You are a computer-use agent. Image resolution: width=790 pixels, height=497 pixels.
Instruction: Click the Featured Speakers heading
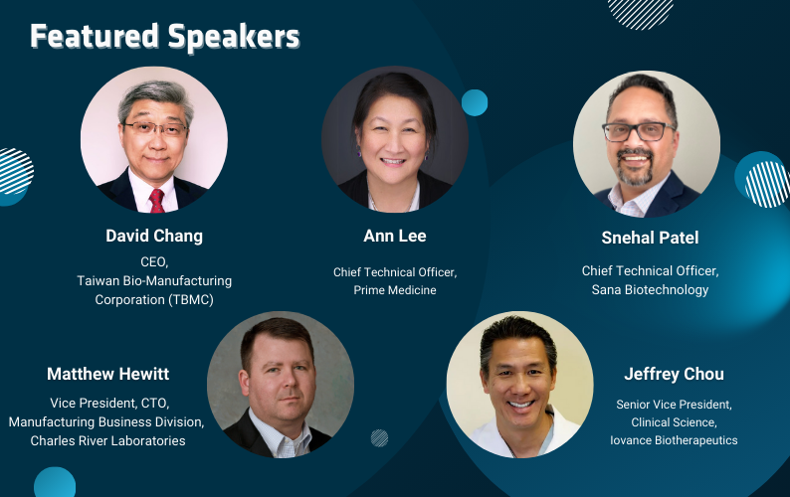tap(165, 37)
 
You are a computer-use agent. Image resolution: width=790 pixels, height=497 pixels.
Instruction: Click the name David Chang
tap(154, 236)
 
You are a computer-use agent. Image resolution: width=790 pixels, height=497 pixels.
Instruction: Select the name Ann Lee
tap(395, 236)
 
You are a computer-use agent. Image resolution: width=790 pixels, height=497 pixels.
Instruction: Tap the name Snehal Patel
tap(650, 238)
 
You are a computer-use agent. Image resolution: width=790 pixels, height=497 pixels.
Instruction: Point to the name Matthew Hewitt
tap(107, 374)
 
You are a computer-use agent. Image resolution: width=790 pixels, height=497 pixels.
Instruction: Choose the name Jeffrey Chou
tap(675, 374)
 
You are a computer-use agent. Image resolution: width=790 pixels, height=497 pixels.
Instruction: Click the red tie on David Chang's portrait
tap(156, 201)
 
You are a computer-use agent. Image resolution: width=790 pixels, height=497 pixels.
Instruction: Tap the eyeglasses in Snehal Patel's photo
tap(639, 132)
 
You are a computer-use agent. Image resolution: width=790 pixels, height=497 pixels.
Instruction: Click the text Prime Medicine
tap(395, 290)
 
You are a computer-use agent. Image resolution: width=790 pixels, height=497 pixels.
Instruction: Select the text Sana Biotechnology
tap(650, 289)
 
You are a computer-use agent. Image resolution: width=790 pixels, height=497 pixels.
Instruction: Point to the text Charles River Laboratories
tap(107, 440)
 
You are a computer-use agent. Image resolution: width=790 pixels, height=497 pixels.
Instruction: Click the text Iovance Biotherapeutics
tap(675, 440)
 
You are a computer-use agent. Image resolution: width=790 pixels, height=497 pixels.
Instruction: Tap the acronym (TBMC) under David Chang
tap(191, 299)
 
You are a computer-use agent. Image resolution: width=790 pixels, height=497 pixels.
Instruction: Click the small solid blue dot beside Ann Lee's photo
tap(475, 102)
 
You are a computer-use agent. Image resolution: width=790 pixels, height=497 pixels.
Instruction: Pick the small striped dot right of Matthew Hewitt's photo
tap(379, 438)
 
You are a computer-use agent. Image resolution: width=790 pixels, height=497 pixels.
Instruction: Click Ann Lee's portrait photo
tap(395, 139)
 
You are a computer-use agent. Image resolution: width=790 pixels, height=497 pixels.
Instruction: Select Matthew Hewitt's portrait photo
tap(281, 385)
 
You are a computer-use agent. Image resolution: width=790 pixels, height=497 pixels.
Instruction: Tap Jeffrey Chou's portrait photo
tap(520, 385)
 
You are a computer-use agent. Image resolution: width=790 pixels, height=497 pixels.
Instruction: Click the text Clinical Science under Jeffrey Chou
tap(674, 422)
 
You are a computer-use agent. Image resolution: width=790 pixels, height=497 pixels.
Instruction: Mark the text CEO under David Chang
tap(153, 261)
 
